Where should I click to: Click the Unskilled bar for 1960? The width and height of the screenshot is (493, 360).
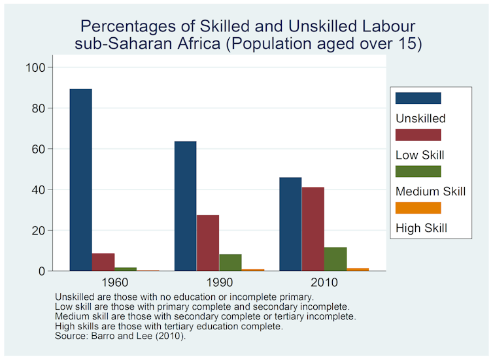(81, 180)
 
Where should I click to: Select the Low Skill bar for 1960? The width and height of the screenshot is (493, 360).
(103, 262)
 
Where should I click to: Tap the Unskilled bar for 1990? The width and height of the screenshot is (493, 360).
(186, 206)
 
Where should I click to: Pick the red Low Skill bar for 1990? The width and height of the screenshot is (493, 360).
(208, 243)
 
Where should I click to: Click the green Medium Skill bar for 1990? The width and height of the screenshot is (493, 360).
(230, 263)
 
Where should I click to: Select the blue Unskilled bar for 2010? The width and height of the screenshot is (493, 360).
(290, 224)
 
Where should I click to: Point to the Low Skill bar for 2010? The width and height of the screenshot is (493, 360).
(313, 229)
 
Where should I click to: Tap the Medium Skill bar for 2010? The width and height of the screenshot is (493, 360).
(335, 259)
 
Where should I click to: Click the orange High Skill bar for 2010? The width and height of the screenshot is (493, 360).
(358, 269)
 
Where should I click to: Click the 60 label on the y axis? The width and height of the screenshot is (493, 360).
(39, 149)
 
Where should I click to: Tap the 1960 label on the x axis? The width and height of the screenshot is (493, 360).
(115, 282)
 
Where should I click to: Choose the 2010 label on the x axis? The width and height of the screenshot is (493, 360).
(324, 282)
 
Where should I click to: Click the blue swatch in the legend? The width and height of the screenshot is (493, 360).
(418, 98)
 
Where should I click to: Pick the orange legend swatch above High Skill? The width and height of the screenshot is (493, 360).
(418, 208)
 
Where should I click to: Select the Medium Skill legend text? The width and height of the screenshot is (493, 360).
(430, 191)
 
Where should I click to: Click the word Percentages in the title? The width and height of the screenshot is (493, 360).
(128, 27)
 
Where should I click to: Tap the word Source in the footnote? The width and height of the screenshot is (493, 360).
(71, 336)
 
